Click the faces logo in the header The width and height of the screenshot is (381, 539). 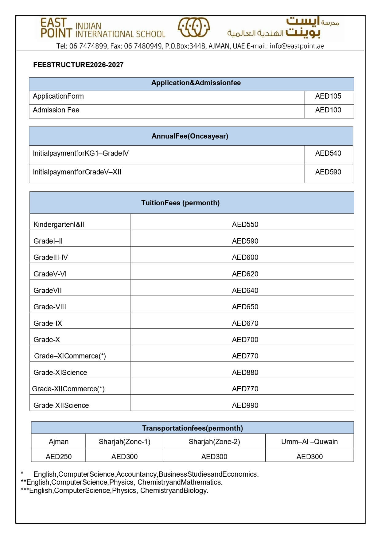(194, 27)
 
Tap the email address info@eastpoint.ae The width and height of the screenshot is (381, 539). (297, 46)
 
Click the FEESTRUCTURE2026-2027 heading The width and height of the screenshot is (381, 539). (78, 65)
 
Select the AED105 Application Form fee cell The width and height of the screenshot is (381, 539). (328, 96)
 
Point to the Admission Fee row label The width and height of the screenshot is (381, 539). (56, 110)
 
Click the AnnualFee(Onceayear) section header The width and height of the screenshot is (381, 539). (190, 136)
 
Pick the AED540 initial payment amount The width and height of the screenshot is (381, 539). (328, 153)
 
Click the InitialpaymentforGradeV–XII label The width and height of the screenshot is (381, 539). (77, 172)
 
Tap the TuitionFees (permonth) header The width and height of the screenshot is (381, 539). (180, 203)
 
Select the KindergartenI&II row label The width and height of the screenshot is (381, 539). (59, 225)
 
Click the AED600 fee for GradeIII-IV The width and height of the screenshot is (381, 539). (245, 257)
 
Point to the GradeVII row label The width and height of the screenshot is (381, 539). (48, 291)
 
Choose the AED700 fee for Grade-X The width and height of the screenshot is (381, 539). (245, 340)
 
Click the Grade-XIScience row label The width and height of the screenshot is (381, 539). (60, 373)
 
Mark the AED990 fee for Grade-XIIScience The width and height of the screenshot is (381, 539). (245, 405)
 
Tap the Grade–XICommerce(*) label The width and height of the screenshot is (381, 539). (70, 356)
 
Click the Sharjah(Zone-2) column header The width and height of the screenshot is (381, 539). (214, 442)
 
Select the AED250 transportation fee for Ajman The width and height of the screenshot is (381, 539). (59, 457)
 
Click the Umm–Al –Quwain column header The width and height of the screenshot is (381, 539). (309, 442)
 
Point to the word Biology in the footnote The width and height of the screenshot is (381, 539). (195, 490)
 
